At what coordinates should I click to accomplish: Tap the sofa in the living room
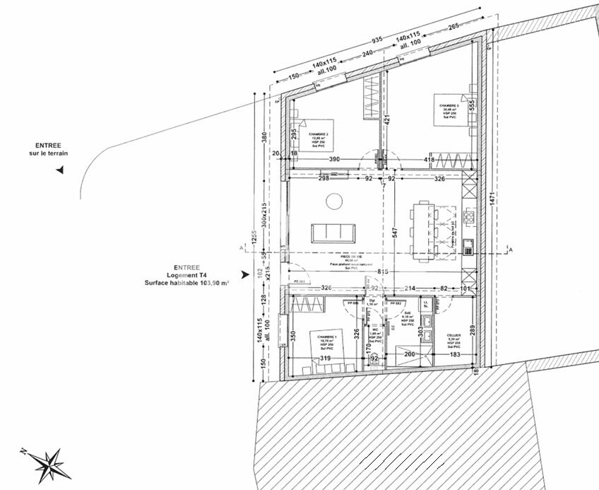point(334,233)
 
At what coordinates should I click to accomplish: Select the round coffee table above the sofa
point(333,202)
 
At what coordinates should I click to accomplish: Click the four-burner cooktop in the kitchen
point(468,216)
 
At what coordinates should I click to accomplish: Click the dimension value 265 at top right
point(453,26)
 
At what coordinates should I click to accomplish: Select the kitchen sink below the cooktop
point(468,245)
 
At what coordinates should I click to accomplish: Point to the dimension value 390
point(329,160)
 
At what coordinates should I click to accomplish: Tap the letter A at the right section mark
point(511,250)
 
